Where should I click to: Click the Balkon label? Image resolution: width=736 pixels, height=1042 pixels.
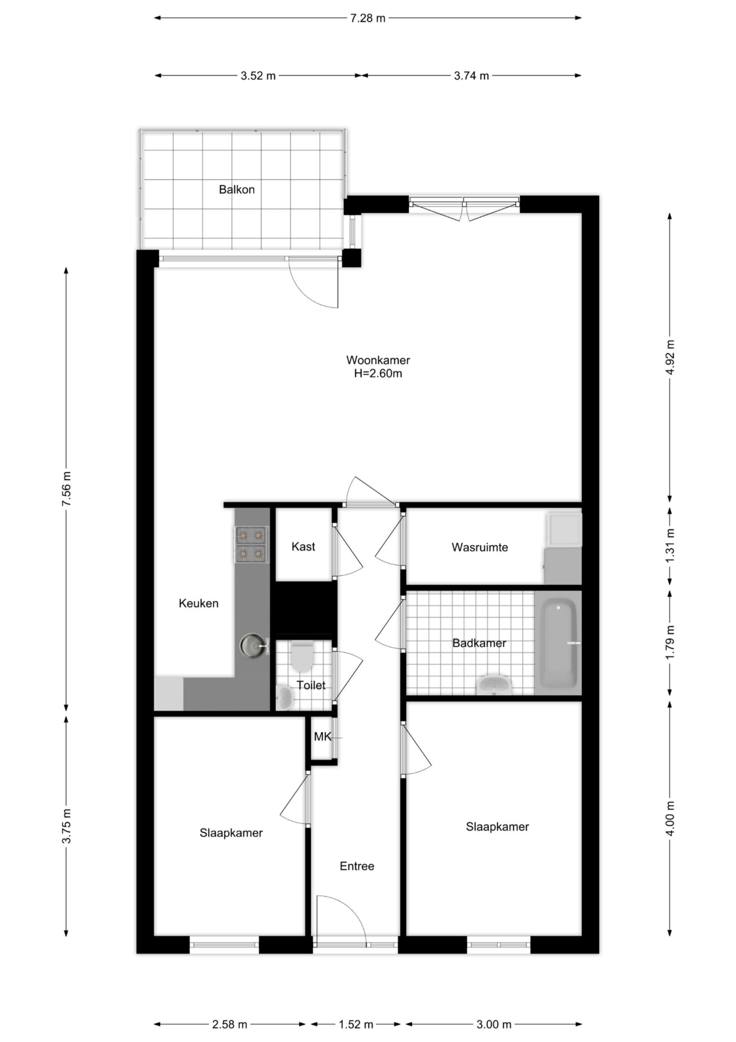pos(236,189)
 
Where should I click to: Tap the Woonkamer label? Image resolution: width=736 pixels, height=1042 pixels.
pos(378,360)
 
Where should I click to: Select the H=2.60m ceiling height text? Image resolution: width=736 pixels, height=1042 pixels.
pos(378,374)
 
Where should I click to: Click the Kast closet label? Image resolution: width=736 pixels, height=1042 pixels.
pos(303,546)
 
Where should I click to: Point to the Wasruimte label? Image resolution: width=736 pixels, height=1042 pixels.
pos(480,547)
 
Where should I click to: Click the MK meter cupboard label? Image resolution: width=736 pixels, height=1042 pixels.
pos(323,737)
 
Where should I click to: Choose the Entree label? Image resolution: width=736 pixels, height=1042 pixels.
pos(357,866)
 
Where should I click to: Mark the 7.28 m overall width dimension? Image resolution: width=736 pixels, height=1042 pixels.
pos(367,18)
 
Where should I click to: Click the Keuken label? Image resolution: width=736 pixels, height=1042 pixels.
pos(198,603)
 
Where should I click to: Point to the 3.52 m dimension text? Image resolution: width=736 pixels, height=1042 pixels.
pos(258,76)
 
